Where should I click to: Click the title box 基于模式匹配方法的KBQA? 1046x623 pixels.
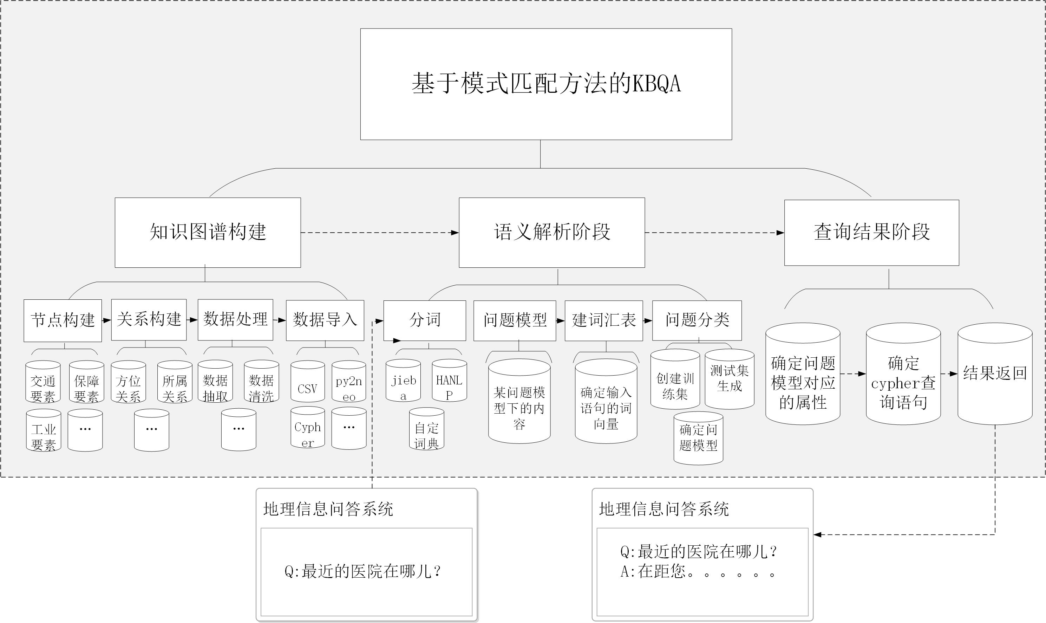coord(546,84)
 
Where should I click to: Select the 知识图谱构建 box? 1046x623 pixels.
coord(208,232)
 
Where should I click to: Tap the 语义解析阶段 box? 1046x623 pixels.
coord(551,232)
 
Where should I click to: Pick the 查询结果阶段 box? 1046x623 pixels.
coord(871,232)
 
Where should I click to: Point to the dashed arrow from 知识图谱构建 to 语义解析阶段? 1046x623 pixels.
coord(380,233)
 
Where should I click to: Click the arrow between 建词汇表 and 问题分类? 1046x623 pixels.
coord(647,321)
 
